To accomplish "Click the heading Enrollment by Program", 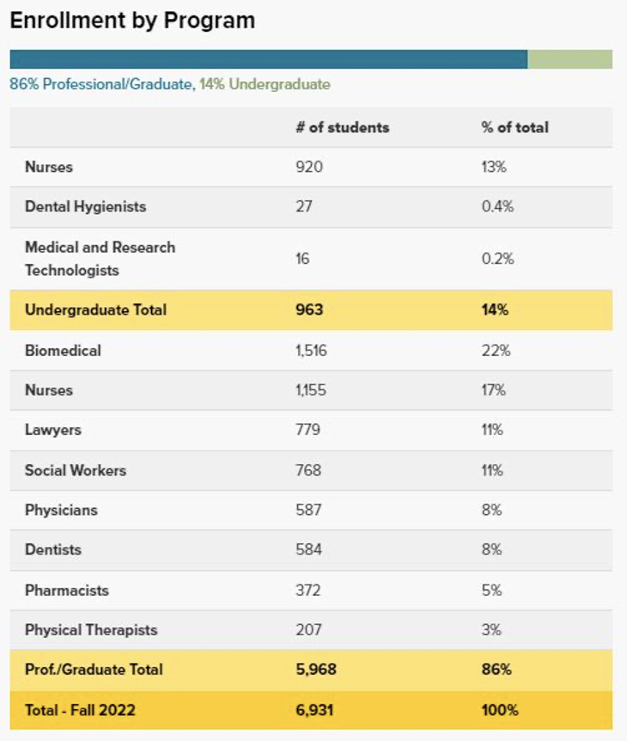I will pyautogui.click(x=132, y=21).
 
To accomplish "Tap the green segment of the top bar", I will pyautogui.click(x=569, y=59).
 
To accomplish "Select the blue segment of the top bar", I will pyautogui.click(x=268, y=59).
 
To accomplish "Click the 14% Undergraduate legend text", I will pyautogui.click(x=265, y=84).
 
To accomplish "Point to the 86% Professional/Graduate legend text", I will pyautogui.click(x=101, y=84).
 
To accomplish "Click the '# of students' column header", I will pyautogui.click(x=342, y=127).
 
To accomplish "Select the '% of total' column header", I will pyautogui.click(x=514, y=127).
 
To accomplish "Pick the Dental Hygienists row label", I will pyautogui.click(x=85, y=206).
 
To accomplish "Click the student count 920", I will pyautogui.click(x=309, y=167).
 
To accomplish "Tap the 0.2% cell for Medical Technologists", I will pyautogui.click(x=497, y=259).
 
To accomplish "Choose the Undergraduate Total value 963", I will pyautogui.click(x=309, y=309).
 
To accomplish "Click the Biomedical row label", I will pyautogui.click(x=63, y=350).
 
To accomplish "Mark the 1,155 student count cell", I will pyautogui.click(x=313, y=390).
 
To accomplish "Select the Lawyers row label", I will pyautogui.click(x=53, y=430).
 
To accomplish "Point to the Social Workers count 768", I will pyautogui.click(x=308, y=470).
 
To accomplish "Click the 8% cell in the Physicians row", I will pyautogui.click(x=491, y=510).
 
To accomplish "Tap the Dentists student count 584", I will pyautogui.click(x=308, y=549).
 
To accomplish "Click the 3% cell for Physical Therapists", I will pyautogui.click(x=491, y=629).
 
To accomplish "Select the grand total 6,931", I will pyautogui.click(x=313, y=710).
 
